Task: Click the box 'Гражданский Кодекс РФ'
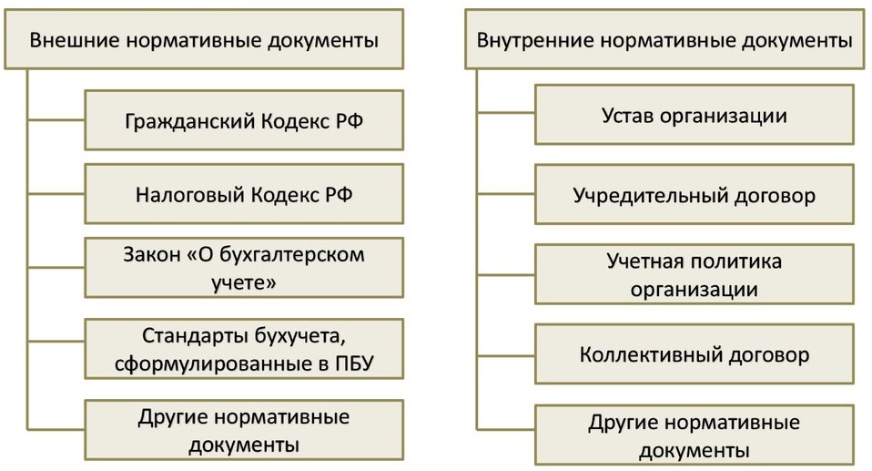click(244, 120)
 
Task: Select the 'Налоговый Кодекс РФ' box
click(244, 194)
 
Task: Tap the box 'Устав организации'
click(694, 115)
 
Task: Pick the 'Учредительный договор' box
click(694, 194)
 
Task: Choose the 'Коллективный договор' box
click(694, 354)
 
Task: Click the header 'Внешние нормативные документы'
click(204, 39)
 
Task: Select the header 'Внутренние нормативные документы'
click(664, 39)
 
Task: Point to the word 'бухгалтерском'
click(292, 255)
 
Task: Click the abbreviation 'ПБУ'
click(354, 363)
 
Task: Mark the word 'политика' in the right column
click(738, 261)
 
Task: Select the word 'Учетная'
click(648, 261)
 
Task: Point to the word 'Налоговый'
click(189, 195)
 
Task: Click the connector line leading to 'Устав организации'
click(506, 112)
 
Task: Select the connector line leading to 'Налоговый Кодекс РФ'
click(56, 194)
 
